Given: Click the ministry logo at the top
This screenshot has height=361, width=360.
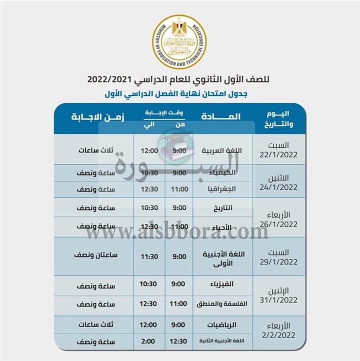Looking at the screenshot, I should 179,41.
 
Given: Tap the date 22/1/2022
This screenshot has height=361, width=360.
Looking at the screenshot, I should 282,155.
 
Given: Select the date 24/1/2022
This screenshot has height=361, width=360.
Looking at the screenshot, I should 282,187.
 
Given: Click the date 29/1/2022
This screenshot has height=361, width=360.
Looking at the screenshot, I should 282,261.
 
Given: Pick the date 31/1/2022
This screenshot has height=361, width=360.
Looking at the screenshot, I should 282,300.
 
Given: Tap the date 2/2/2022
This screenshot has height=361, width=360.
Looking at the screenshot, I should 282,335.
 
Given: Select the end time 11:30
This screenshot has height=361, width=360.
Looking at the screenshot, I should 148,256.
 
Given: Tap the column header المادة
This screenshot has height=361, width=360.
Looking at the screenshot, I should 221,117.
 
